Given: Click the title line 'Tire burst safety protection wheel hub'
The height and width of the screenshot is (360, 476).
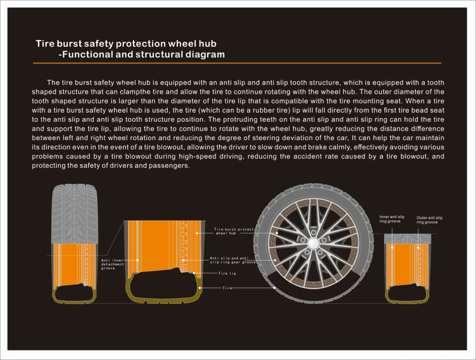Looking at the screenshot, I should [x=126, y=44].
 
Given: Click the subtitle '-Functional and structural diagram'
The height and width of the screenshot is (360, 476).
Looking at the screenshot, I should [x=142, y=54].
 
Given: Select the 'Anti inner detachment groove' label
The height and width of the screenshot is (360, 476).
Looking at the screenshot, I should [x=112, y=264].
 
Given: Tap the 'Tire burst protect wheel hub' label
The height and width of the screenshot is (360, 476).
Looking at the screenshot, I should [x=234, y=231].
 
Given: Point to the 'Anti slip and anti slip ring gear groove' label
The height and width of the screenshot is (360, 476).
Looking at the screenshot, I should [x=232, y=260].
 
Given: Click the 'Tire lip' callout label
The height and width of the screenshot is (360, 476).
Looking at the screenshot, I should [x=227, y=273].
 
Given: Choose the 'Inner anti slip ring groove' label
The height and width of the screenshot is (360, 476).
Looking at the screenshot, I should [x=392, y=219].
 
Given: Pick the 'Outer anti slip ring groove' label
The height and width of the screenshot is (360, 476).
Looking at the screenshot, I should [x=429, y=220].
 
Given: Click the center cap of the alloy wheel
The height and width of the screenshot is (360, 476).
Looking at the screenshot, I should [x=313, y=243].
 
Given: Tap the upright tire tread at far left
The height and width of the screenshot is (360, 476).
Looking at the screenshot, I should [x=74, y=212].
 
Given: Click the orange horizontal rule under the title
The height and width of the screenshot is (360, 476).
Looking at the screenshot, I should [x=237, y=63].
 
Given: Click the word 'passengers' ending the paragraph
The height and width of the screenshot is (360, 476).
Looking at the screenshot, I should [x=170, y=166].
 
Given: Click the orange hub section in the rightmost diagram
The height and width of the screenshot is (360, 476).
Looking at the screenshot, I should [x=408, y=263].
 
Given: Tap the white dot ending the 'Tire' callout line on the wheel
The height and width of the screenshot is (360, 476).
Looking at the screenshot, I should [x=275, y=288].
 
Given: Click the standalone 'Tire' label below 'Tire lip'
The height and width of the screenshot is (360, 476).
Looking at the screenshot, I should [x=227, y=288].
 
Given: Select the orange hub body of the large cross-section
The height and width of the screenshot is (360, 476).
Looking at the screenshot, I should [x=158, y=247].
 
